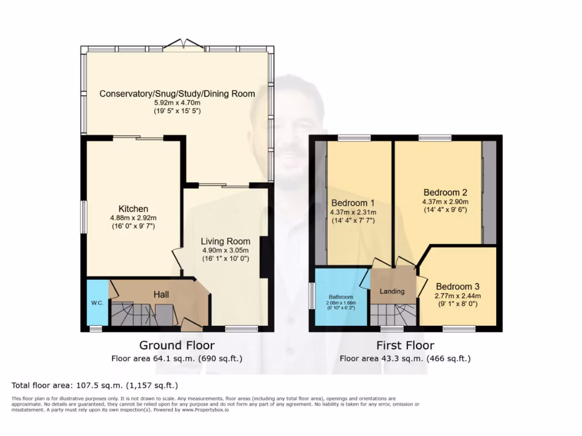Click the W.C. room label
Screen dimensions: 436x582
click(x=97, y=303)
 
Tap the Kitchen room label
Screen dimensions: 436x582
click(x=133, y=208)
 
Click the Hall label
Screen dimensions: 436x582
click(x=162, y=295)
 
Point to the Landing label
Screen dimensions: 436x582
click(x=392, y=291)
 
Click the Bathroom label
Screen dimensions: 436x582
click(x=341, y=296)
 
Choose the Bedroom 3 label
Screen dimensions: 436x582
click(x=458, y=287)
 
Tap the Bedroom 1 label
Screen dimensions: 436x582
click(x=352, y=203)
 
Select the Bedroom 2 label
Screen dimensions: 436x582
click(x=445, y=192)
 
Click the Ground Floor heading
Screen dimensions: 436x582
click(x=177, y=345)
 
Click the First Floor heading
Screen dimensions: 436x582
click(x=405, y=345)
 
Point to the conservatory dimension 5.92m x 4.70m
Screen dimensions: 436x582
click(x=177, y=103)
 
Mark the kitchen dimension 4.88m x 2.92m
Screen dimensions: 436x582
click(x=133, y=217)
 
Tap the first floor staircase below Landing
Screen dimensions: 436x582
click(x=392, y=314)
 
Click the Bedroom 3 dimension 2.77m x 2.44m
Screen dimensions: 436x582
click(x=458, y=295)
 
